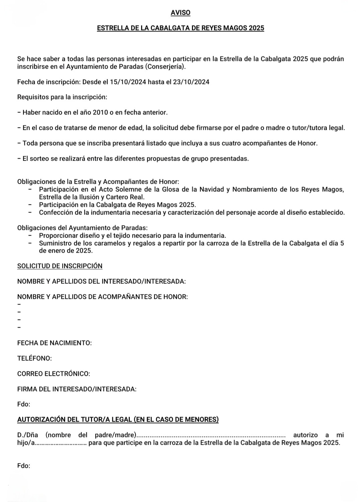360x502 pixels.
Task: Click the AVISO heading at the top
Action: (x=180, y=13)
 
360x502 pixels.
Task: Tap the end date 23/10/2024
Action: (x=191, y=82)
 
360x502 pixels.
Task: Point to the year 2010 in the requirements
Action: (x=100, y=112)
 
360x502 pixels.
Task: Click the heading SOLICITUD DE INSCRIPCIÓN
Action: (x=60, y=266)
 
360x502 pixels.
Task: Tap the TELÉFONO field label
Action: (x=34, y=358)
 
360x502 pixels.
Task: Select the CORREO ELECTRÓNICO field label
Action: (x=54, y=374)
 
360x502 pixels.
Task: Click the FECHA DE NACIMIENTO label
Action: (x=55, y=343)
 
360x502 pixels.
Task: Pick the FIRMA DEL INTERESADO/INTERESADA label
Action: (x=77, y=389)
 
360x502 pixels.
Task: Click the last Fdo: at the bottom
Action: (x=24, y=466)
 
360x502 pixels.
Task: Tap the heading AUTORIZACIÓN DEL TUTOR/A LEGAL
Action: (x=118, y=420)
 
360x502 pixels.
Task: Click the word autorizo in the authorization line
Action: (x=305, y=435)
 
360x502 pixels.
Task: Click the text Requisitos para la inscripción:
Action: (x=62, y=97)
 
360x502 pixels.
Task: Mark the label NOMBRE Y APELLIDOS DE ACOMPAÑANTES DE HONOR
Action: (x=102, y=297)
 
